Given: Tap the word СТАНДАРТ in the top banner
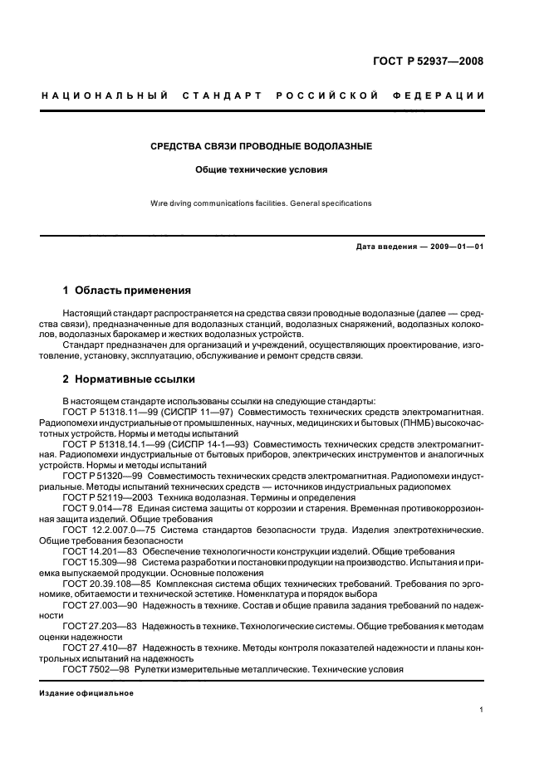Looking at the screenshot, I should tap(230, 95).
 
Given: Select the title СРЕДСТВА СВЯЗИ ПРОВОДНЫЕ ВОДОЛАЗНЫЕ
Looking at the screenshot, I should tap(261, 146).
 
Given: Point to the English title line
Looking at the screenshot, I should tap(261, 203).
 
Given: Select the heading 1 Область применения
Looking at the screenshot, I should tap(127, 291).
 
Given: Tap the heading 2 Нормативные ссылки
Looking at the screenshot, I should tap(130, 379).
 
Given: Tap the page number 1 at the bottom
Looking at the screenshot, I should tap(482, 710).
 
